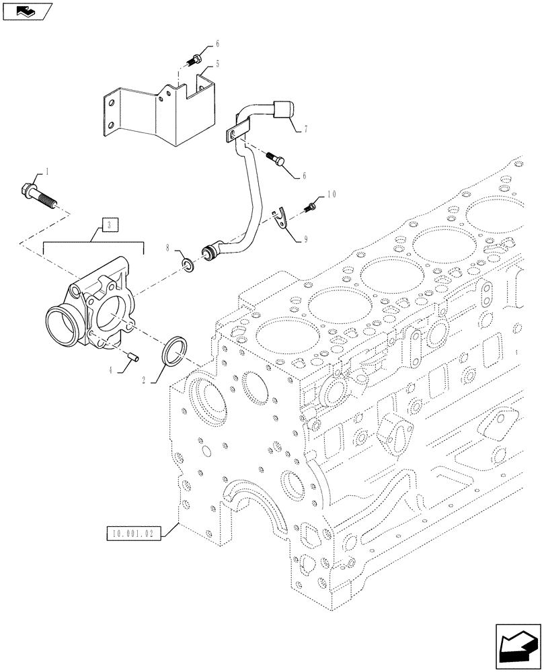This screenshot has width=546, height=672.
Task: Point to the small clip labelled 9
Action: pos(284,218)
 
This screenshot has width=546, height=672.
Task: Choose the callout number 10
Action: pos(330,195)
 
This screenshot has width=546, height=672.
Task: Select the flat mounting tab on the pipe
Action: pos(235,135)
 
